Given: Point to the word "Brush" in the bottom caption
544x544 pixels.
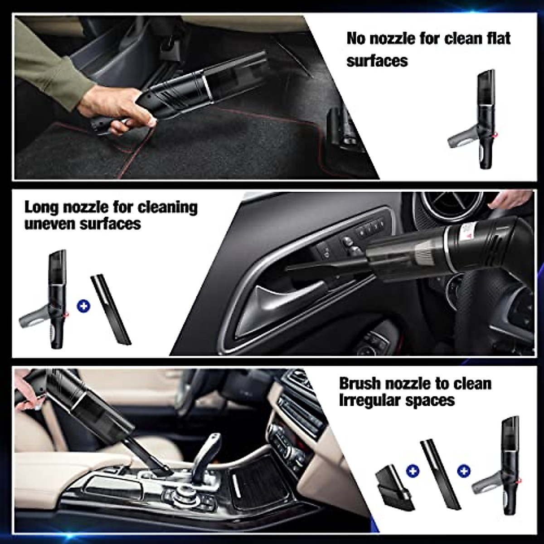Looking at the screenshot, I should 359,384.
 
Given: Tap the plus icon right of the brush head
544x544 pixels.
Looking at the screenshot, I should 413,471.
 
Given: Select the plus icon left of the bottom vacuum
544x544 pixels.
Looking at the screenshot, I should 463,471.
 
